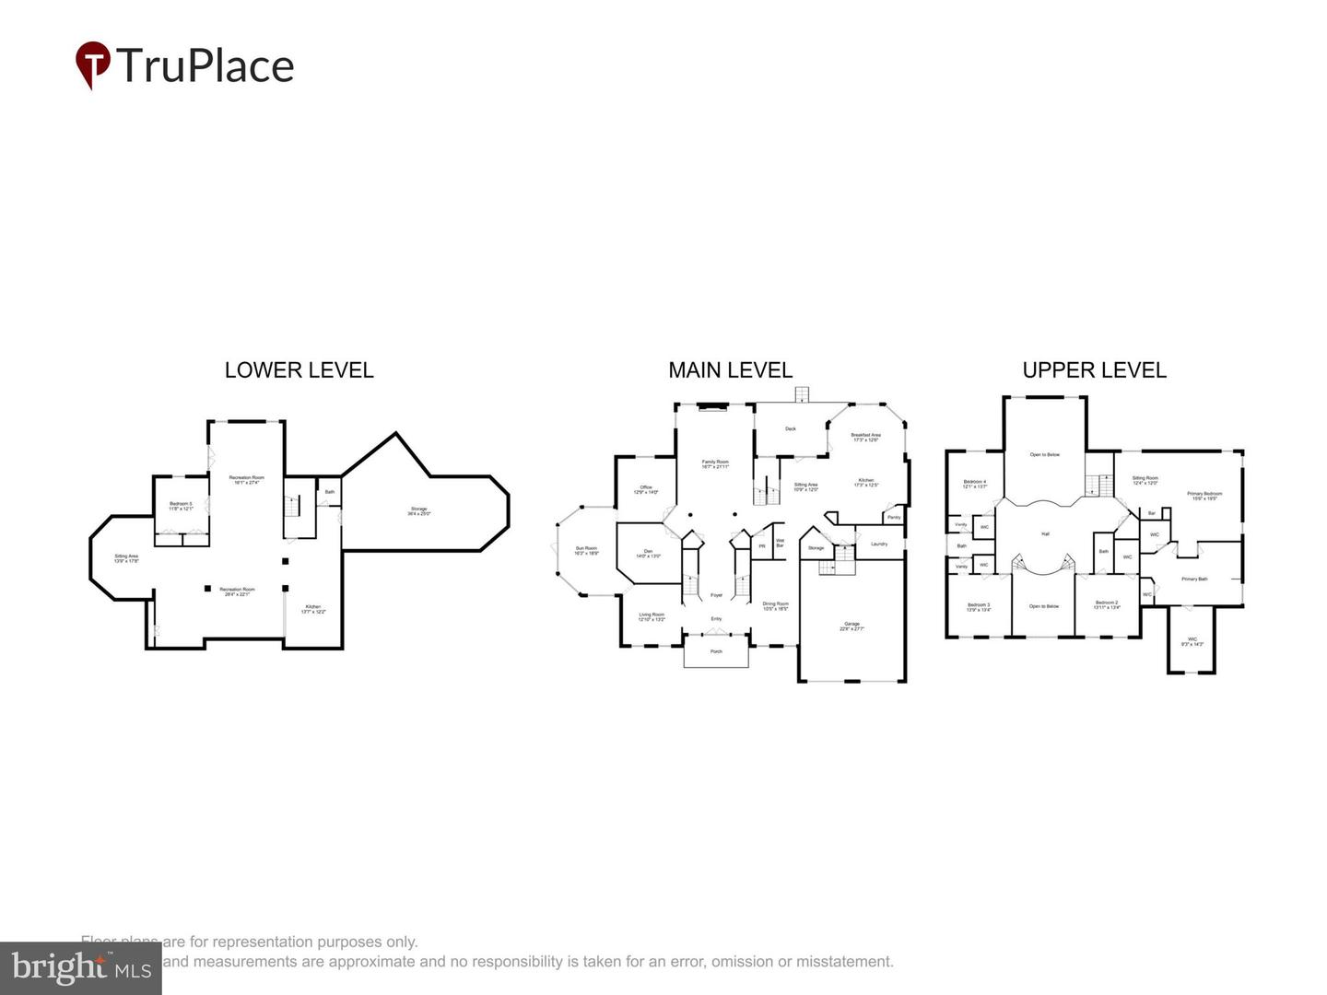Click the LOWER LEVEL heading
click(x=299, y=370)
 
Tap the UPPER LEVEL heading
click(x=1094, y=370)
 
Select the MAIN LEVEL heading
click(x=730, y=370)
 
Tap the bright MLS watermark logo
click(x=81, y=967)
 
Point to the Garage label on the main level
click(x=851, y=625)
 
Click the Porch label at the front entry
click(x=716, y=651)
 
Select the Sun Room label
click(x=586, y=549)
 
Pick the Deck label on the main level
click(x=790, y=428)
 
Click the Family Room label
click(x=715, y=462)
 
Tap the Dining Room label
click(x=775, y=604)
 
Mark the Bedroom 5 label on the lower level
click(x=181, y=504)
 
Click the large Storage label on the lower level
click(x=418, y=509)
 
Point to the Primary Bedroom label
click(x=1204, y=495)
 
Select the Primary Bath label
click(x=1194, y=579)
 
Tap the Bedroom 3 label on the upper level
click(x=978, y=605)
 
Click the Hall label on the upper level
click(x=1045, y=533)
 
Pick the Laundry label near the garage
click(x=879, y=544)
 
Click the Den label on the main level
click(x=648, y=552)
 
